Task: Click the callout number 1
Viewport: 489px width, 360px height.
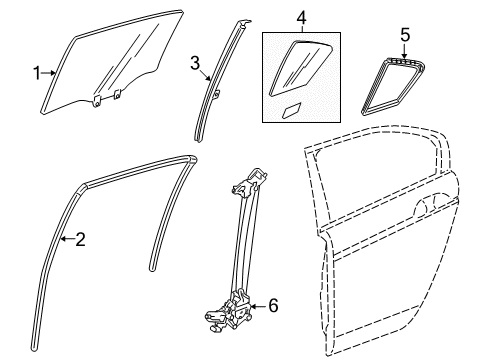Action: tap(37, 73)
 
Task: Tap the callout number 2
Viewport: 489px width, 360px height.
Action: tap(80, 239)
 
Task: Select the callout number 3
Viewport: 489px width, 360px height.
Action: tap(195, 63)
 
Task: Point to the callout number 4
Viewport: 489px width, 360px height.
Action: tap(301, 18)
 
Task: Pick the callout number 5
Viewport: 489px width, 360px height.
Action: tap(405, 35)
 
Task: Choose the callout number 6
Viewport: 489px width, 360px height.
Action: tap(273, 306)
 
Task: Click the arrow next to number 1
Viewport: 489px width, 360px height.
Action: tap(49, 73)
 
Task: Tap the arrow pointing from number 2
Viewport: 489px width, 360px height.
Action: tap(68, 238)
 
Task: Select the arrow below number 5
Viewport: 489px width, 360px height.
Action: tap(405, 51)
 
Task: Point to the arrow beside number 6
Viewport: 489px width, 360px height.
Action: tap(258, 306)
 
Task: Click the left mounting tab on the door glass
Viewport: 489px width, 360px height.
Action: tap(96, 101)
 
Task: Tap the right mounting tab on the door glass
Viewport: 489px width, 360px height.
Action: tap(117, 94)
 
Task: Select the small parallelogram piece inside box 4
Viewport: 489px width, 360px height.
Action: tap(292, 110)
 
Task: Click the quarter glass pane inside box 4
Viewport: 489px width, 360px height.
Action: tap(299, 68)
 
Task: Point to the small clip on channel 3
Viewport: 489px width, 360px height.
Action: tap(217, 95)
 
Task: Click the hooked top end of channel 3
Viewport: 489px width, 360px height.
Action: tap(244, 24)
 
